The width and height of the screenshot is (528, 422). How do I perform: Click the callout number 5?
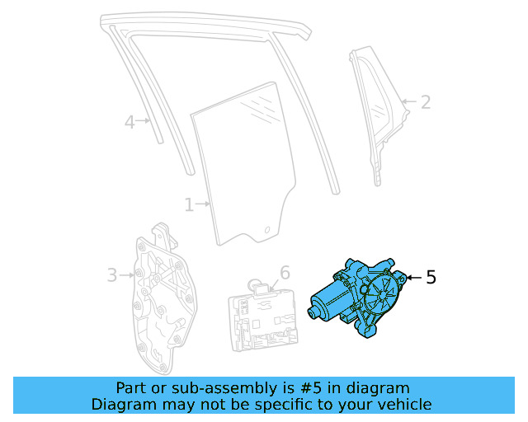431,278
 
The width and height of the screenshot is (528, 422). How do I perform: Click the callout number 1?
189,204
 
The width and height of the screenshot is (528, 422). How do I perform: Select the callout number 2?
426,102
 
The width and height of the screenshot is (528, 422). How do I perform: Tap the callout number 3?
112,275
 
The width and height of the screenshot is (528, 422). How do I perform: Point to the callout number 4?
130,123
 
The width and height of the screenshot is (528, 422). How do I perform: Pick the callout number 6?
285,272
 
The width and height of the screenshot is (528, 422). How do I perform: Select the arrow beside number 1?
203,204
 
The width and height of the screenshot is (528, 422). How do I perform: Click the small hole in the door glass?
267,228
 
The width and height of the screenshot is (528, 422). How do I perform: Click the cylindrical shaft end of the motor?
314,312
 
